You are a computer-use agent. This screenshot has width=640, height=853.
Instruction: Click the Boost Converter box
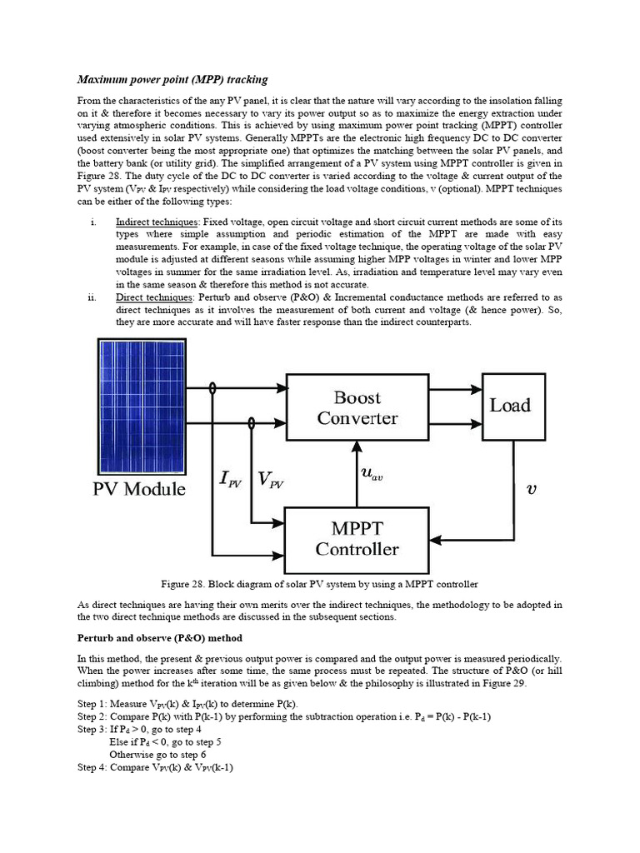pyautogui.click(x=357, y=408)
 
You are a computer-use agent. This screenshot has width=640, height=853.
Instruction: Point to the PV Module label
pyautogui.click(x=138, y=489)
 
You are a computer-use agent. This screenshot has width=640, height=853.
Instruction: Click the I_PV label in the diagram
pyautogui.click(x=230, y=479)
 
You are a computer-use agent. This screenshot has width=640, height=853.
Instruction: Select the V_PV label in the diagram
pyautogui.click(x=270, y=479)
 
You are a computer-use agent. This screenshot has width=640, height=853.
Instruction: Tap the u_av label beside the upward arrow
pyautogui.click(x=372, y=475)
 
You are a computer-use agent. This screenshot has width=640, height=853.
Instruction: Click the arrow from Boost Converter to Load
pyautogui.click(x=456, y=389)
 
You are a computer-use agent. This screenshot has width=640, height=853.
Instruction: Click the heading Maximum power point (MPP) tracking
pyautogui.click(x=172, y=80)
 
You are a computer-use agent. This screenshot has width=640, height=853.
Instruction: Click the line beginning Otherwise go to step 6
pyautogui.click(x=158, y=755)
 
